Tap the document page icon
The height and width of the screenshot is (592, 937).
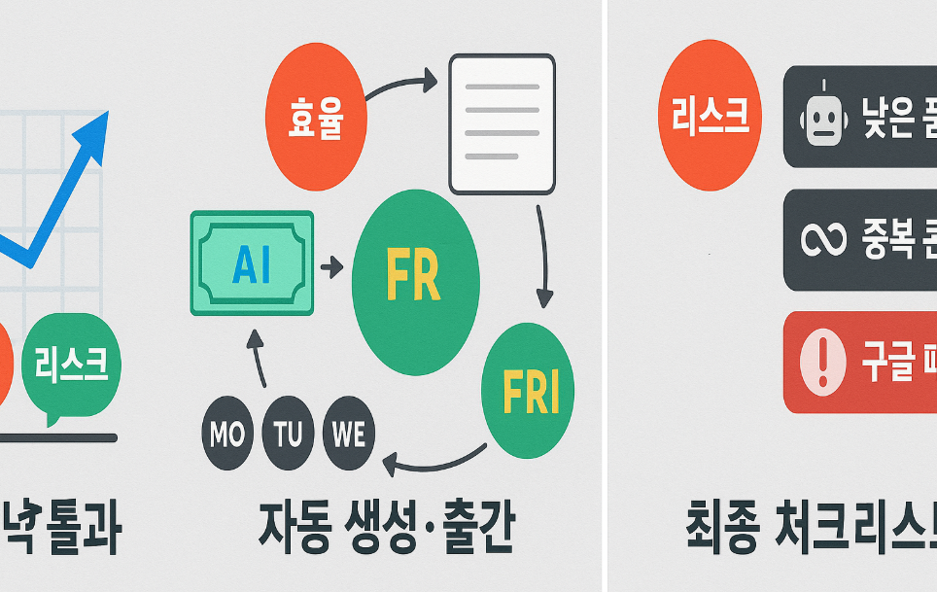(502, 123)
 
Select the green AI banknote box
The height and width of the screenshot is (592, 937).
(253, 263)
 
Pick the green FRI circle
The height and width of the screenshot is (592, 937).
(528, 391)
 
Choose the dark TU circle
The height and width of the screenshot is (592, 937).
(288, 434)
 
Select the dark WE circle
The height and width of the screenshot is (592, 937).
(349, 434)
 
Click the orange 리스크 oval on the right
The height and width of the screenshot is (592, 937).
(710, 115)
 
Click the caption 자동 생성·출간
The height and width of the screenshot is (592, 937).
(386, 531)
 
